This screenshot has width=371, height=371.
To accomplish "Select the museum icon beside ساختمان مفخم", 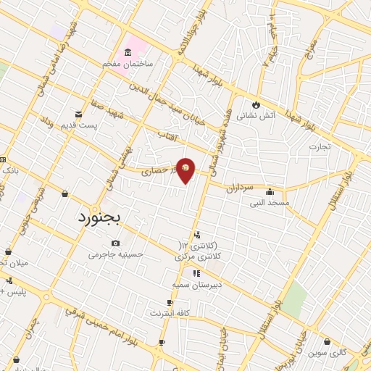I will tap(128, 52).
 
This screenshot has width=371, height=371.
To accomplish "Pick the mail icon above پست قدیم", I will tap(78, 114).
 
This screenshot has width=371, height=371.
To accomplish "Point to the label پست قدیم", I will tap(78, 125).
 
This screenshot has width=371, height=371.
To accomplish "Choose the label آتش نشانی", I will tap(256, 115).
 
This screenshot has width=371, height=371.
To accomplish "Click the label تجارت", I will tap(319, 146).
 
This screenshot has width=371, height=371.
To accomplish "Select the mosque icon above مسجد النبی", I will tap(270, 192).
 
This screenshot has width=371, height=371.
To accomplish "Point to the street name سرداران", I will tap(237, 187).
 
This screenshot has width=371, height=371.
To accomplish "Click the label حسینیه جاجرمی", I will tap(116, 254).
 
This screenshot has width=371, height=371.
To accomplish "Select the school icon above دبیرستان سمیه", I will tap(196, 273).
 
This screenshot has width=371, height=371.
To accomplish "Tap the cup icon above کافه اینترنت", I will tap(170, 303).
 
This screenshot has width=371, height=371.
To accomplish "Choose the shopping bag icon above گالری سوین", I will tap(328, 341).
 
